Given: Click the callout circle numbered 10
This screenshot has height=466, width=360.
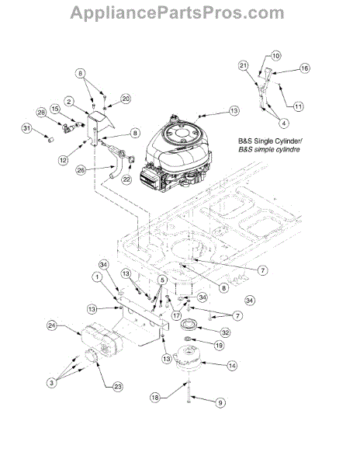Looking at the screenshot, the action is [x=275, y=56].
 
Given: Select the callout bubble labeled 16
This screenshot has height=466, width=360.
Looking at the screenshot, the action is [x=304, y=68].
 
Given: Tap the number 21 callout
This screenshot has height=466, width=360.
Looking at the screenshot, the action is [x=244, y=65].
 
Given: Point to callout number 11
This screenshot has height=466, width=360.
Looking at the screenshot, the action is [x=298, y=106].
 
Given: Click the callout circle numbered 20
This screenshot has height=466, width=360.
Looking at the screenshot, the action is [x=126, y=99].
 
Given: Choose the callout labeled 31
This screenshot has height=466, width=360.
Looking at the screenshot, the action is [x=27, y=128].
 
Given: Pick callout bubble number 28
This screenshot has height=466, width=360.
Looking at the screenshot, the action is [x=42, y=113].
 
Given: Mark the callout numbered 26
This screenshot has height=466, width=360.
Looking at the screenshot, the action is [x=81, y=169].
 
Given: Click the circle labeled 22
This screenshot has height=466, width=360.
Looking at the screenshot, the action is [x=126, y=179].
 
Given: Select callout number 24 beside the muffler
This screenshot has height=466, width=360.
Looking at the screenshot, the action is [x=52, y=325].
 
